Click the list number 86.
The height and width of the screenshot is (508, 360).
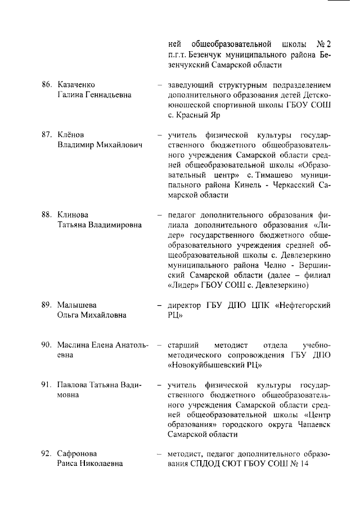(47, 85)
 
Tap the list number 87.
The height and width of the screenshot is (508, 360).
(47, 135)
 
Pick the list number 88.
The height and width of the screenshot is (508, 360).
(47, 215)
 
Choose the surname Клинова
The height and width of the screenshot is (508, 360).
(74, 215)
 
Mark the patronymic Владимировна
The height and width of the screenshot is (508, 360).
(112, 225)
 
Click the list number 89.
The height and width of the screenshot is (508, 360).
(47, 305)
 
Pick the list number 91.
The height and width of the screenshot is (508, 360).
(47, 385)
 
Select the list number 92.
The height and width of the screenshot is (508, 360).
(47, 454)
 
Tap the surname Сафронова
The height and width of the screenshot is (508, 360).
(78, 454)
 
